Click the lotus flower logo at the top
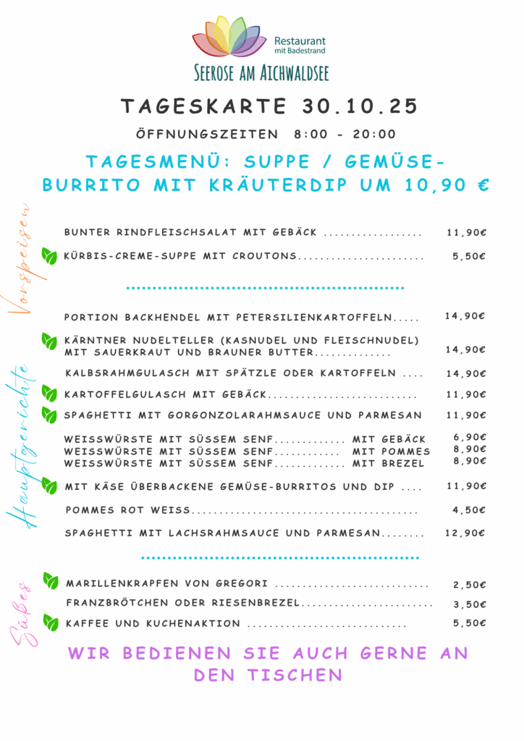point(229,38)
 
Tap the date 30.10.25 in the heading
point(358,107)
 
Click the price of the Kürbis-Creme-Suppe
point(468,256)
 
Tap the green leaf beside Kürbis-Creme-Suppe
point(49,255)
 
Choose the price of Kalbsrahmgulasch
point(465,374)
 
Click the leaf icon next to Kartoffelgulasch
point(49,394)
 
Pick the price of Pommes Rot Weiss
point(468,510)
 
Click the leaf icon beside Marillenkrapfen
point(50,581)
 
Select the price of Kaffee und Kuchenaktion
point(469,623)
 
